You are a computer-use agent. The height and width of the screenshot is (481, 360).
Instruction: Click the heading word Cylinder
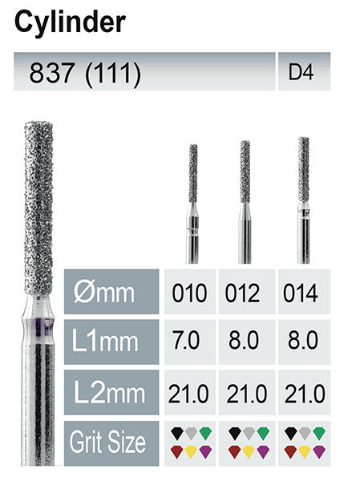click(x=70, y=22)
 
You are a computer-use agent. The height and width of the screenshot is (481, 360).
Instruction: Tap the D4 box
click(x=304, y=72)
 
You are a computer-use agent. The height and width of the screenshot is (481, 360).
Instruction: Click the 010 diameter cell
click(x=190, y=293)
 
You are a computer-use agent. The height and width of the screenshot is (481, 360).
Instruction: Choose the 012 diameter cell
click(x=243, y=293)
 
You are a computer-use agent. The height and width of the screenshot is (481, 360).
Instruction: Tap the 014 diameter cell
click(x=301, y=293)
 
